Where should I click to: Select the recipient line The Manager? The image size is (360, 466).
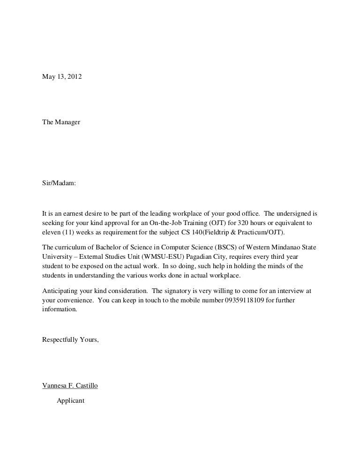point(61,122)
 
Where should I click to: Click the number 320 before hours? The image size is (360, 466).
point(243,223)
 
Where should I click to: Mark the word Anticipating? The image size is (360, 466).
point(61,291)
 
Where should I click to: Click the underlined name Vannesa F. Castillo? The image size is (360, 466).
point(70,386)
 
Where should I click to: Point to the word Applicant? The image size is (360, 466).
point(70,401)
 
